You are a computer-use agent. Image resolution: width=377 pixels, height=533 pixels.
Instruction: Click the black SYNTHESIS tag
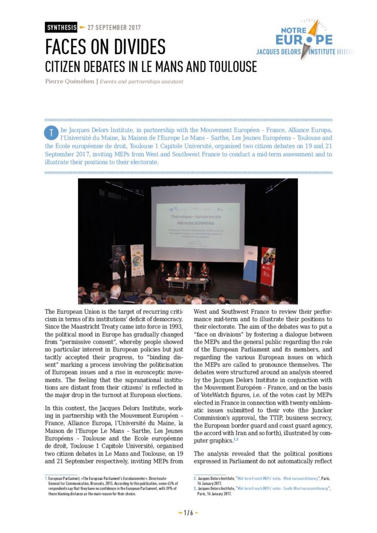(x=61, y=27)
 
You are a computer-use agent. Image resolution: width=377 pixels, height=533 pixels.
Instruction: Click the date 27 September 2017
(x=114, y=27)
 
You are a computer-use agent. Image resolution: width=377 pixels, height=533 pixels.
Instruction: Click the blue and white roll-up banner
(x=250, y=263)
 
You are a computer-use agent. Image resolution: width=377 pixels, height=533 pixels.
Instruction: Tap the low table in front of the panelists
(x=186, y=283)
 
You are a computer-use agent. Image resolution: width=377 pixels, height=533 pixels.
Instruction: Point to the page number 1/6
(x=188, y=513)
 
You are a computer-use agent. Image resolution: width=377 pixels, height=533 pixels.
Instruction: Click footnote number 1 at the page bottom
(x=46, y=477)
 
